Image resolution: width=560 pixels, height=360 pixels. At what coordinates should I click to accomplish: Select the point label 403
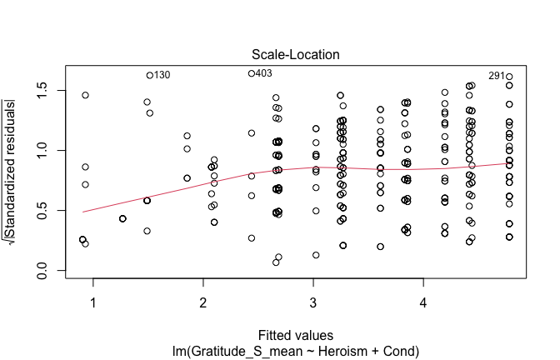[x=264, y=73]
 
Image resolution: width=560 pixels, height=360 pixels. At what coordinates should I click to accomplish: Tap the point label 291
[x=497, y=76]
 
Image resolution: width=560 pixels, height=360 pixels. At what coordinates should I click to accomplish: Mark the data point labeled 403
[x=252, y=73]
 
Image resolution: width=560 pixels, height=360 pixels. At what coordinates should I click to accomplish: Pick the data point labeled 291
[x=509, y=77]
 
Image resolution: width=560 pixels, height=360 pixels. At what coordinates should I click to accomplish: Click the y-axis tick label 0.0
[x=41, y=271]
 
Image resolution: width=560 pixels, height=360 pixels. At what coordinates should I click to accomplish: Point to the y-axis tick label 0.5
[x=41, y=211]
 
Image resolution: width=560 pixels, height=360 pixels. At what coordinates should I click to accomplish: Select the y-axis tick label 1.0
[x=41, y=151]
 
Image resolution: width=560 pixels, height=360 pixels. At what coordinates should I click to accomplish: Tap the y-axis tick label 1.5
[x=41, y=90]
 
